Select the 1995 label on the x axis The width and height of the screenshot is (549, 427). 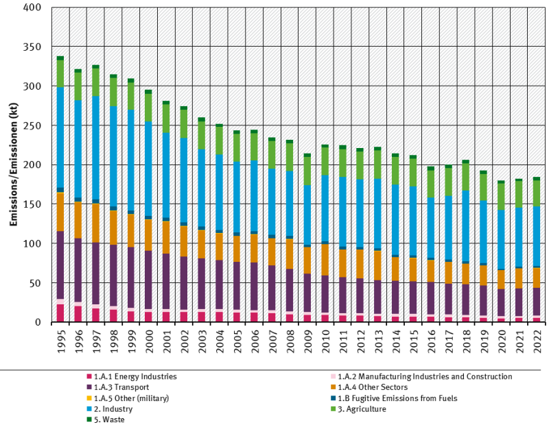(x=60, y=342)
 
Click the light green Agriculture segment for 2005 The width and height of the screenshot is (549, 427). (x=237, y=147)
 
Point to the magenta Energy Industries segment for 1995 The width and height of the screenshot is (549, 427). (x=60, y=313)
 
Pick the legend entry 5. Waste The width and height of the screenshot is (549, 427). (x=110, y=420)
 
